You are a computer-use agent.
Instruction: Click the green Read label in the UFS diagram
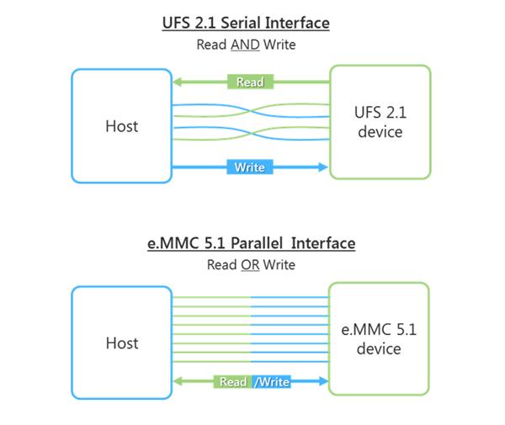[250, 82]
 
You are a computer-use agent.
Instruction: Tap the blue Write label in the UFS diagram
[250, 167]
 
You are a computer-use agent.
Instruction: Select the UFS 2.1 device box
[380, 122]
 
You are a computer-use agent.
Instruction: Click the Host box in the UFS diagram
[121, 125]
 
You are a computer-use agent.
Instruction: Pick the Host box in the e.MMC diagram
[121, 343]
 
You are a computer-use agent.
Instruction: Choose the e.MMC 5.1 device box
[379, 338]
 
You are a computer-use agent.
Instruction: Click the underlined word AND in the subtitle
[246, 44]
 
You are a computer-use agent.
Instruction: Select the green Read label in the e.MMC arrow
[233, 382]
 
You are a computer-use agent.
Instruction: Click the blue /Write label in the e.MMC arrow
[271, 382]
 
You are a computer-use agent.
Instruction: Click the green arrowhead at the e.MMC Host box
[178, 382]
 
